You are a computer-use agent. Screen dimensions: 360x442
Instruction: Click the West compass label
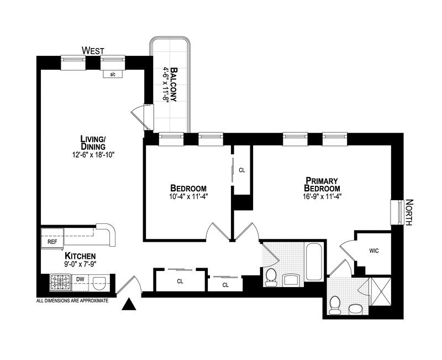pyautogui.click(x=93, y=51)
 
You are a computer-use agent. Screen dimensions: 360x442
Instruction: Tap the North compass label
pyautogui.click(x=409, y=212)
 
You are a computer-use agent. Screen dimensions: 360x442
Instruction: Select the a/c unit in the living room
pyautogui.click(x=113, y=74)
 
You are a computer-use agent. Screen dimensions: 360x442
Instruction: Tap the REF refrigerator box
pyautogui.click(x=52, y=242)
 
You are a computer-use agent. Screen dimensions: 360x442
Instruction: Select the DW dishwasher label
pyautogui.click(x=80, y=279)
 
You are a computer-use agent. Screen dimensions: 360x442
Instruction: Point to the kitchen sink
pyautogui.click(x=99, y=284)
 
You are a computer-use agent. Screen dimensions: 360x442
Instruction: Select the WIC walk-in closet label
pyautogui.click(x=374, y=250)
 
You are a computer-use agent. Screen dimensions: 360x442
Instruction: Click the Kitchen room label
pyautogui.click(x=81, y=257)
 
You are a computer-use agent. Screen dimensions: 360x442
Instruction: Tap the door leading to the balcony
pyautogui.click(x=139, y=115)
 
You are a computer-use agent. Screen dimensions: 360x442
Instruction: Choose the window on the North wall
pyautogui.click(x=396, y=212)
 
